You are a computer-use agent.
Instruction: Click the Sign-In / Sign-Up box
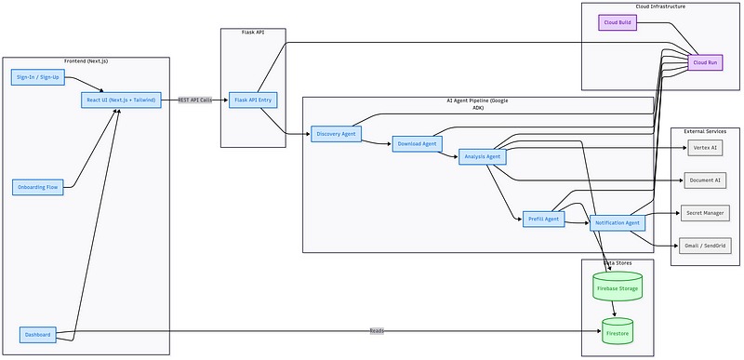tap(37, 76)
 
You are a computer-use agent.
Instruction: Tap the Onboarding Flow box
tap(38, 187)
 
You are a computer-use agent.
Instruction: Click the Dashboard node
tap(37, 334)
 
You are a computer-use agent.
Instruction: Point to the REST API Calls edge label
tap(196, 99)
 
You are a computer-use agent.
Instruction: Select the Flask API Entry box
tap(253, 100)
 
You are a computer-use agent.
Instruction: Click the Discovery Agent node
tap(336, 134)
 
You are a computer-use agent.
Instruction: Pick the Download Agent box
tap(418, 144)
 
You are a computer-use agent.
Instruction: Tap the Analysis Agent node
tap(482, 157)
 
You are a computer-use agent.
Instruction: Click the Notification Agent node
tap(616, 223)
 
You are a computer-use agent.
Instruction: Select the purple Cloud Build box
tap(618, 21)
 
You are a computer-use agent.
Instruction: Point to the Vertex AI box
tap(705, 147)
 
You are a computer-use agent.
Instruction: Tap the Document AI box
tap(705, 180)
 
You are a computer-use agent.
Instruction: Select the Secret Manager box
tap(705, 212)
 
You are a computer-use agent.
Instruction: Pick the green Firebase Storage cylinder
tap(617, 287)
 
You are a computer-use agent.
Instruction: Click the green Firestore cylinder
tap(617, 331)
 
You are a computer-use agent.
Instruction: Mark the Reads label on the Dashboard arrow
tap(377, 331)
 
